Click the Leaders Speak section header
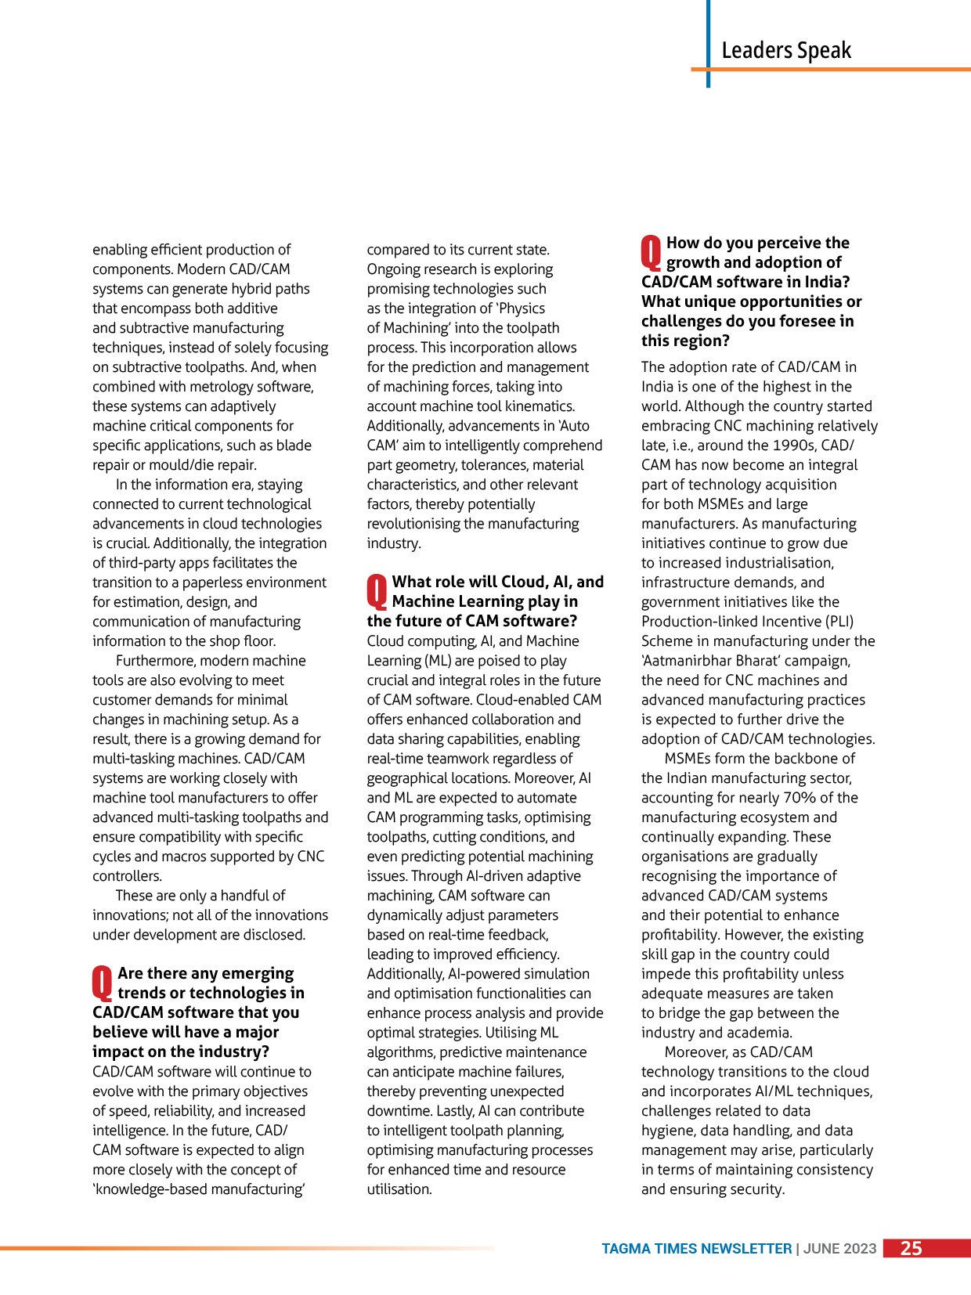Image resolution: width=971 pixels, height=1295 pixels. [x=786, y=51]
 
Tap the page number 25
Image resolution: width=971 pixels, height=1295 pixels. [x=911, y=1248]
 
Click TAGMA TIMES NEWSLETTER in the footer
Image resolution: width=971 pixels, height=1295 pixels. [x=696, y=1249]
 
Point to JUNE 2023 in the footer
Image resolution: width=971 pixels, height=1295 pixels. [x=839, y=1249]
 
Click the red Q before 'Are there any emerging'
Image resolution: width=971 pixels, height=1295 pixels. [x=103, y=983]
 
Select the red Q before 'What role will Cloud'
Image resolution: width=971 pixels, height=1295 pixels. [x=377, y=592]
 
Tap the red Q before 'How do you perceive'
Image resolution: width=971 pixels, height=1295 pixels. [x=651, y=253]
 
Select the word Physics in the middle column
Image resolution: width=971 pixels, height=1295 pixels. [x=522, y=308]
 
